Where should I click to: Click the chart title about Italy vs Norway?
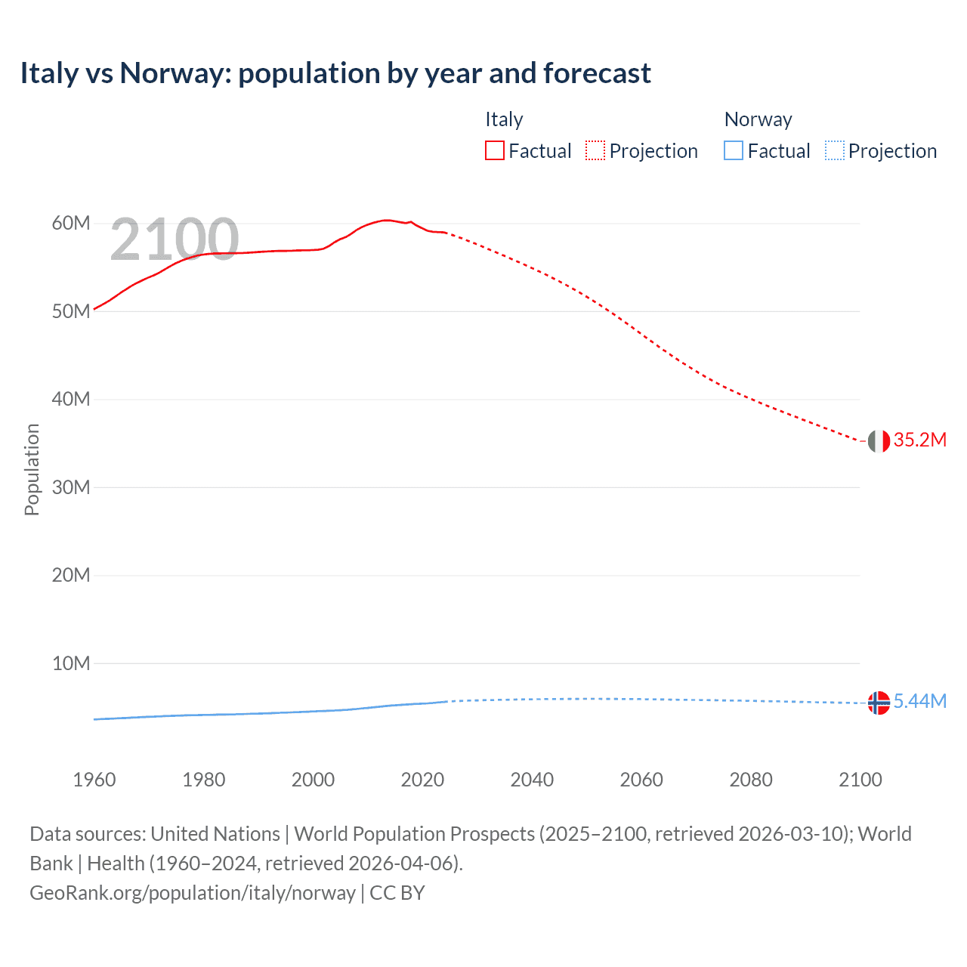pyautogui.click(x=335, y=73)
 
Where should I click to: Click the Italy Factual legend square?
pyautogui.click(x=494, y=150)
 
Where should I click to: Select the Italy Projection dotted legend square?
pyautogui.click(x=595, y=150)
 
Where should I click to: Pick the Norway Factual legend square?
pyautogui.click(x=733, y=150)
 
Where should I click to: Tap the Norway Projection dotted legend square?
pyautogui.click(x=834, y=150)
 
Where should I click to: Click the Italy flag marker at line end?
pyautogui.click(x=879, y=440)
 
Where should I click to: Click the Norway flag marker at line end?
pyautogui.click(x=879, y=703)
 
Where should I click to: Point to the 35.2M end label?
pyautogui.click(x=919, y=440)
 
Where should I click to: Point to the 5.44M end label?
pyautogui.click(x=919, y=701)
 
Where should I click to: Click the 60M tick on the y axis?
pyautogui.click(x=71, y=223)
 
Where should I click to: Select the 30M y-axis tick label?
pyautogui.click(x=71, y=487)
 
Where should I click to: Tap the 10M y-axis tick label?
pyautogui.click(x=71, y=663)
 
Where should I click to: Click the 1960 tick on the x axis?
pyautogui.click(x=94, y=780)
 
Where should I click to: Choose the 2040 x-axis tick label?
pyautogui.click(x=532, y=780)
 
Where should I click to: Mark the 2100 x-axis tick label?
pyautogui.click(x=860, y=780)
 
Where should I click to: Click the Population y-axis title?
pyautogui.click(x=32, y=469)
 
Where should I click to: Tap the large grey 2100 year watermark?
pyautogui.click(x=175, y=239)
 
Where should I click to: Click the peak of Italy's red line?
pyautogui.click(x=386, y=220)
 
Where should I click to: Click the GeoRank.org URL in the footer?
pyautogui.click(x=193, y=893)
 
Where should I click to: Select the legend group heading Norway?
pyautogui.click(x=758, y=119)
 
